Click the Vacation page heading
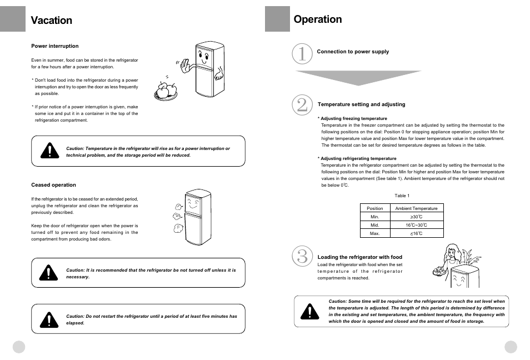52,21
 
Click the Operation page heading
318,19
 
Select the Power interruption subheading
55,46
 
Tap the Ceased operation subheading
53,185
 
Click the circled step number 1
302,54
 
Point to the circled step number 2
302,105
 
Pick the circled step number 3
302,256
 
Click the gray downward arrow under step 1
358,77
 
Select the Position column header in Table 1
375,208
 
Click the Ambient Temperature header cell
416,208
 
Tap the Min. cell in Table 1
375,217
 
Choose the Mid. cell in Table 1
375,225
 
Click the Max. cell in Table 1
375,233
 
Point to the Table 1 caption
402,196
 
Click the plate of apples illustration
166,90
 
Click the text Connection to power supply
353,52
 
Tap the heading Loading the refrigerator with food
359,257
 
